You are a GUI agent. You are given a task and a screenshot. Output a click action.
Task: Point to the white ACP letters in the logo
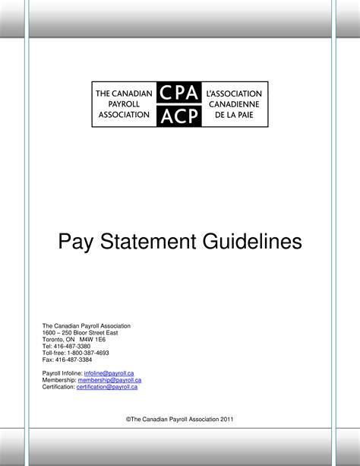[179, 115]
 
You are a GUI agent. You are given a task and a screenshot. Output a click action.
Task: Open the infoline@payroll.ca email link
[109, 373]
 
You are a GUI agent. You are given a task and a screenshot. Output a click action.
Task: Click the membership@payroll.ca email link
[110, 380]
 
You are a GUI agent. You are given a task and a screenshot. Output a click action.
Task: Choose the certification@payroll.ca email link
[107, 387]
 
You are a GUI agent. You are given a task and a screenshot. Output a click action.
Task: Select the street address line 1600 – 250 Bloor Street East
[80, 332]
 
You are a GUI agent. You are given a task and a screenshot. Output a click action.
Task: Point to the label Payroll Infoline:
[62, 373]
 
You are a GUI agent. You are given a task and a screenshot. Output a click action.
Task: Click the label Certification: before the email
[58, 387]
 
